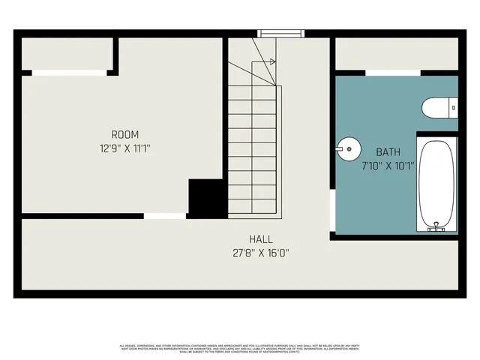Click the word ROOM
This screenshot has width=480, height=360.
[125, 135]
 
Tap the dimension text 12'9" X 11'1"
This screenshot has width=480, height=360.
[125, 148]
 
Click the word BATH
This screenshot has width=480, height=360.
[388, 151]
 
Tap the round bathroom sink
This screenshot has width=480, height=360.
[348, 148]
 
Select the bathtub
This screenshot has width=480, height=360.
[436, 182]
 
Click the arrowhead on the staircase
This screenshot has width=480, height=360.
[273, 62]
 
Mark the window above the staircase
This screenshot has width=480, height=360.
[279, 33]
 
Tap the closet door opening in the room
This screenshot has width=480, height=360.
[69, 72]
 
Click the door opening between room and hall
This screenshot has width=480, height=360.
[165, 216]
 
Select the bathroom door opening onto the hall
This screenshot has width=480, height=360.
[332, 211]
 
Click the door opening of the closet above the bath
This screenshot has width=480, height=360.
[393, 72]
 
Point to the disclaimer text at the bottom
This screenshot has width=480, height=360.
[240, 348]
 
